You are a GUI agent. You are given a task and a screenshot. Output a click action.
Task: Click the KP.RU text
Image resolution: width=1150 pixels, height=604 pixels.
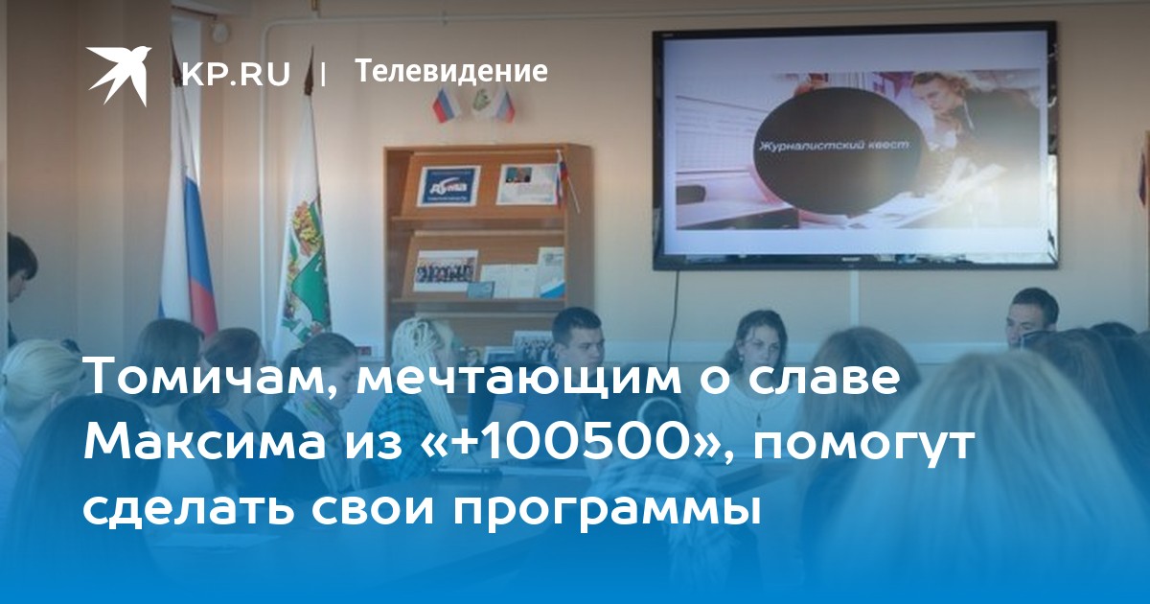point(236,73)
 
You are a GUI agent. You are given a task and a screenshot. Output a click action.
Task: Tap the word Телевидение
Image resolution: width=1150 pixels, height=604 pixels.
point(451,70)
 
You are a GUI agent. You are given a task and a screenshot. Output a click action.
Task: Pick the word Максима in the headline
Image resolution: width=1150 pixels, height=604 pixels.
point(205,443)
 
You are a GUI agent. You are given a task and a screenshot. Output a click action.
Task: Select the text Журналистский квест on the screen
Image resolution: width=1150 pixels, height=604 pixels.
point(835,146)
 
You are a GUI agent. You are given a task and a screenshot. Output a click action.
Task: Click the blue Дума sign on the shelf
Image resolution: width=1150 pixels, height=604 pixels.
point(448,185)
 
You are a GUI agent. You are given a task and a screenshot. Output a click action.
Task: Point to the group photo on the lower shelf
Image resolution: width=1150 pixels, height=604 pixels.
point(445,270)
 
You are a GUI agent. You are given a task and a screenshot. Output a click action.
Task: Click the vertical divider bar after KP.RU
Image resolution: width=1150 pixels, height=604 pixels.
point(322,74)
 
